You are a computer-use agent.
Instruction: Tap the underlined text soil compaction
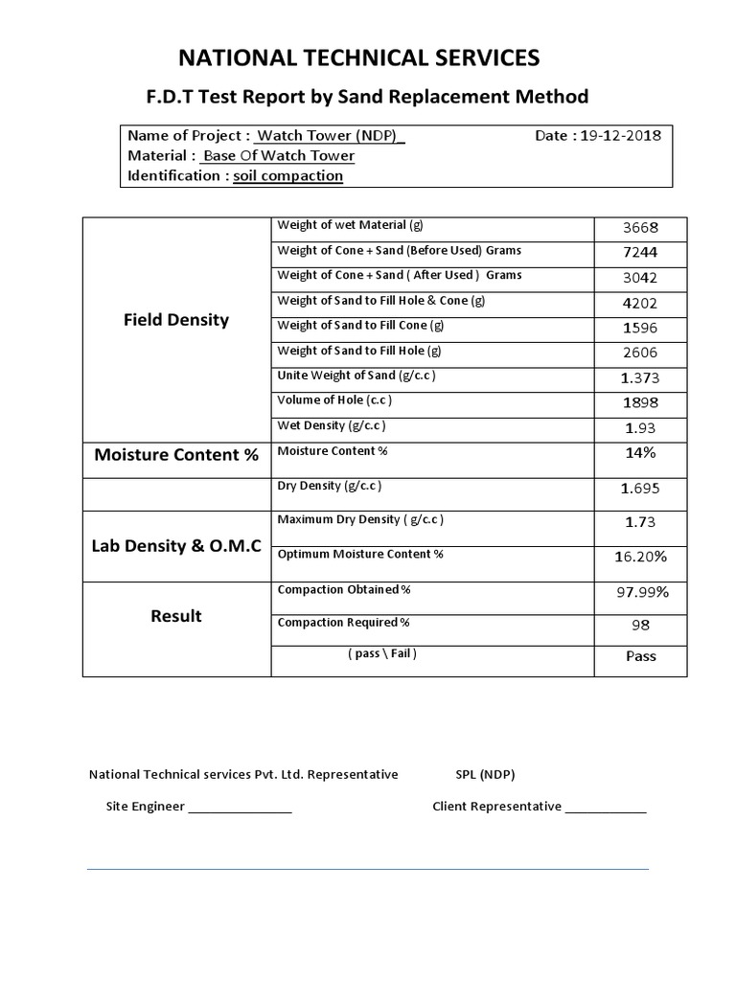pos(288,175)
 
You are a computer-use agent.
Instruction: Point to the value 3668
pos(640,228)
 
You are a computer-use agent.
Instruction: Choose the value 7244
pos(640,253)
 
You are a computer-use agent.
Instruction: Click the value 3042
pos(640,278)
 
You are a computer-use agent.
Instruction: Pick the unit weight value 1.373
pos(641,377)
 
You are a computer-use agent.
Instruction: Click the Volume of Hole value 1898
pos(640,402)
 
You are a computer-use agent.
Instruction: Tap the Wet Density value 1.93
pos(640,427)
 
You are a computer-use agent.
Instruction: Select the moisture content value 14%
pos(640,452)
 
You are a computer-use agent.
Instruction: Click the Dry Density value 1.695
pos(641,489)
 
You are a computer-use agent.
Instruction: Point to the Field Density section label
pos(176,320)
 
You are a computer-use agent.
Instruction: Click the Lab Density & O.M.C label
pos(176,547)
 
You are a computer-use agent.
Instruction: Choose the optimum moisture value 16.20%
pos(640,556)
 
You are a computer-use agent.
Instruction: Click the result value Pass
pos(640,656)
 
